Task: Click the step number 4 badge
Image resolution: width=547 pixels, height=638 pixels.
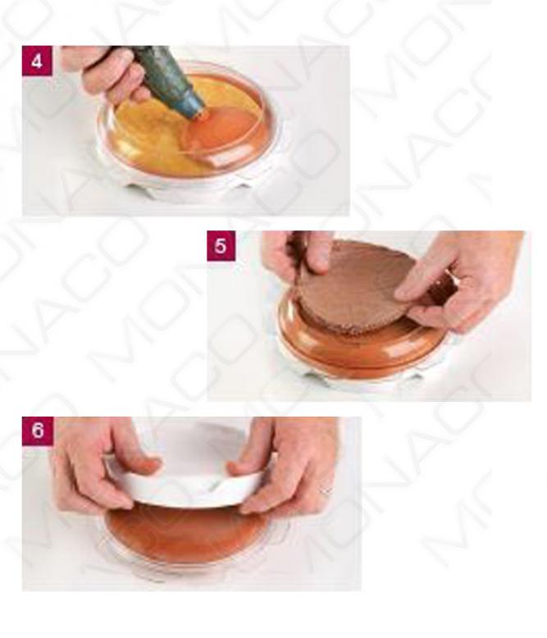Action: (x=37, y=61)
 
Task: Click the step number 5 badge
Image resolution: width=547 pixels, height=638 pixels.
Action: (x=221, y=246)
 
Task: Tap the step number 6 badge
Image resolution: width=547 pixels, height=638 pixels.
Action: (x=38, y=431)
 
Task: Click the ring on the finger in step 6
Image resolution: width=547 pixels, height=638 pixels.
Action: (x=326, y=490)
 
